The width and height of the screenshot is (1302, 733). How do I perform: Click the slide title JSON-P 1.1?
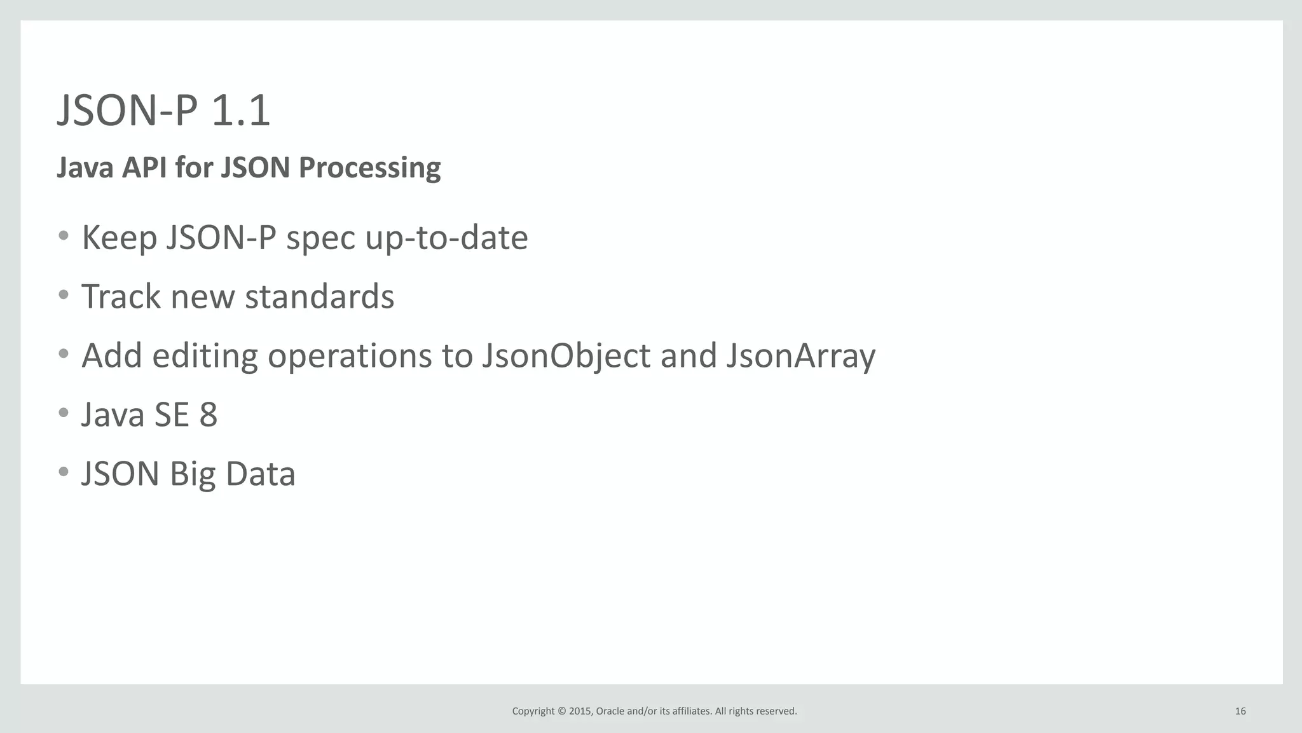[x=163, y=111]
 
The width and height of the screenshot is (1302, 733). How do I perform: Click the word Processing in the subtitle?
[x=369, y=168]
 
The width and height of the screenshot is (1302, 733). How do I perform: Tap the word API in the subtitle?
[x=145, y=168]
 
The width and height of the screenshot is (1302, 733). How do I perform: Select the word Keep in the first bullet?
[x=119, y=238]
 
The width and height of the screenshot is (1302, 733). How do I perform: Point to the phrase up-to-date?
[x=446, y=238]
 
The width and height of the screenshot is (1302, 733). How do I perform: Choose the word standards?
[x=319, y=296]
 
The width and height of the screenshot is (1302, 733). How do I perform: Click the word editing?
[x=205, y=356]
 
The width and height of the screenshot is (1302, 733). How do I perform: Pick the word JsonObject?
[x=566, y=356]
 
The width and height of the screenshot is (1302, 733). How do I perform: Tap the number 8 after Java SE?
[x=209, y=414]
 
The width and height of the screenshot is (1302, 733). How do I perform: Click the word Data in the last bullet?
[x=261, y=474]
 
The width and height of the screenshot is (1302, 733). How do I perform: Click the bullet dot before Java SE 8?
[x=63, y=413]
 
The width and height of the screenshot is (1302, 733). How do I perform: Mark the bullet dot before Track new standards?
[x=63, y=295]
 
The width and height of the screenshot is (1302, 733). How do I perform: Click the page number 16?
[x=1240, y=711]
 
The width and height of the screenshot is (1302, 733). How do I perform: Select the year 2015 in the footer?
[x=580, y=711]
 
